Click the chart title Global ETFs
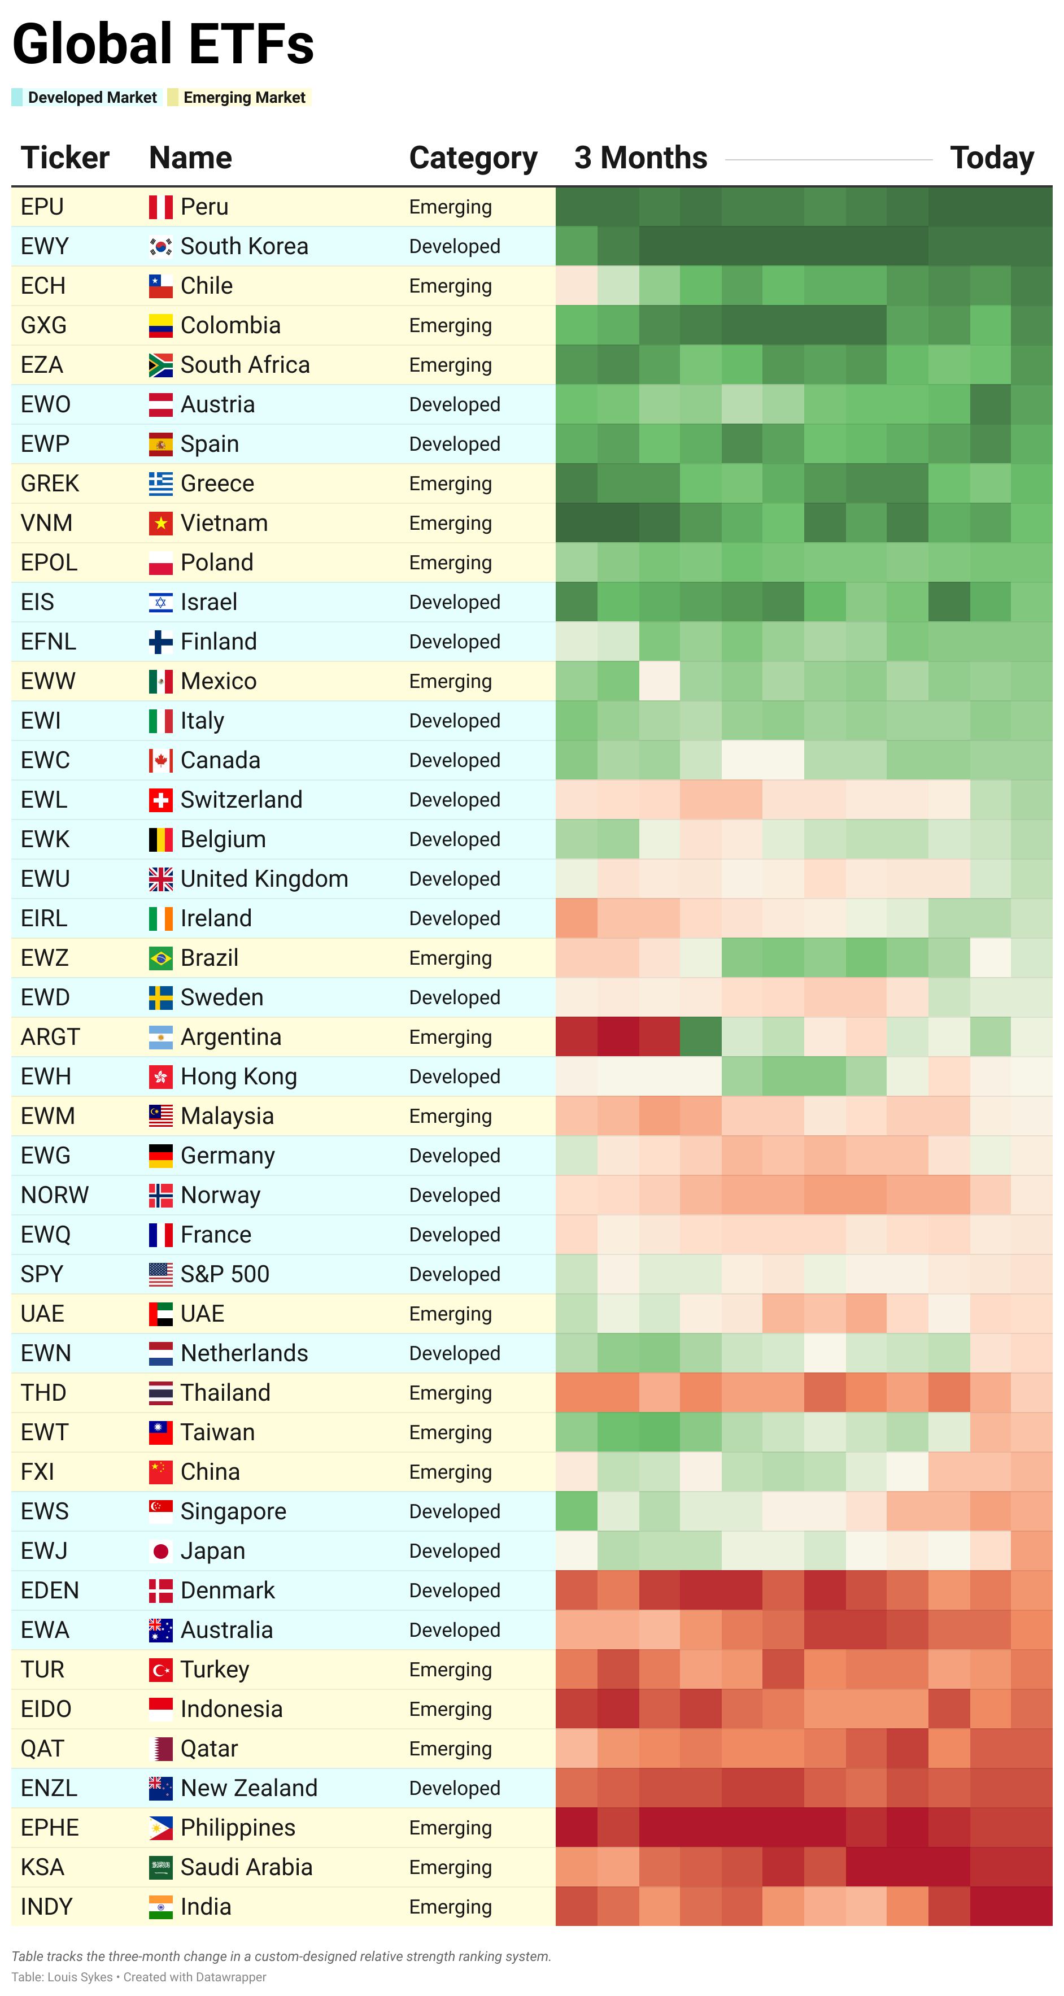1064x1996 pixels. click(x=163, y=44)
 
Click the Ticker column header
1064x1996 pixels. click(x=64, y=158)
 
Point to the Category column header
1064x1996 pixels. click(x=473, y=158)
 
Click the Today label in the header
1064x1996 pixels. click(x=991, y=158)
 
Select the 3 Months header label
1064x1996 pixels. click(x=640, y=158)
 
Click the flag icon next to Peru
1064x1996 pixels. click(x=160, y=207)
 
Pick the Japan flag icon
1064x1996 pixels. click(x=160, y=1552)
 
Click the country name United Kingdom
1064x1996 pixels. click(x=264, y=879)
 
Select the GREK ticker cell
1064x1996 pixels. click(x=50, y=483)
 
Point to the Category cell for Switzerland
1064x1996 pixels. click(x=454, y=800)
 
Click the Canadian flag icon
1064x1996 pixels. click(x=160, y=761)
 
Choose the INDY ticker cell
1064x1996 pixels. click(x=46, y=1907)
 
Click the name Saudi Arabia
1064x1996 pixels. click(x=246, y=1867)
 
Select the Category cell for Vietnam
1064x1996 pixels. click(x=450, y=524)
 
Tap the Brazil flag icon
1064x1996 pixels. click(x=160, y=958)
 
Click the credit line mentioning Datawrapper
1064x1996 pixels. click(x=139, y=1977)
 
